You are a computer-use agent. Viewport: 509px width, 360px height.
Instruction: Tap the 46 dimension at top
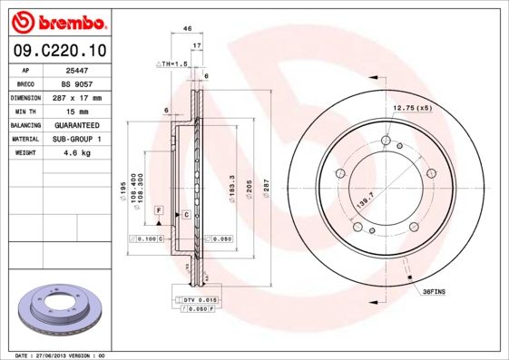tap(187, 29)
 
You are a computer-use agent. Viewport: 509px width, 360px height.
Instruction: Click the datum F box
tap(158, 210)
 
